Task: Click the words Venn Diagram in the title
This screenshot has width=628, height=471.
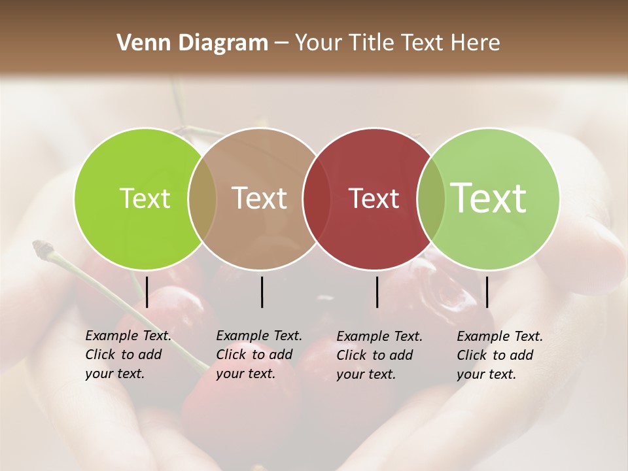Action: pyautogui.click(x=192, y=43)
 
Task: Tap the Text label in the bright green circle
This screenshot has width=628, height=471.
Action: pyautogui.click(x=145, y=198)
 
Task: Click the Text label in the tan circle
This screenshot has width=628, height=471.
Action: pyautogui.click(x=260, y=198)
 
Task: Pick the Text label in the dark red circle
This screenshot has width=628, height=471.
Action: pyautogui.click(x=374, y=198)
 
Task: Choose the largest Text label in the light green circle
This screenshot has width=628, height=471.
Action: pyautogui.click(x=489, y=198)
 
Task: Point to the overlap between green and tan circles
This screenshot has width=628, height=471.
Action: pyautogui.click(x=202, y=198)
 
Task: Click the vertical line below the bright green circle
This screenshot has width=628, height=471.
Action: pyautogui.click(x=147, y=292)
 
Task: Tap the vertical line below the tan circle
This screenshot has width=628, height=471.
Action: pyautogui.click(x=262, y=292)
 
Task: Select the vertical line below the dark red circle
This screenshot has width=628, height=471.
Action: pyautogui.click(x=377, y=292)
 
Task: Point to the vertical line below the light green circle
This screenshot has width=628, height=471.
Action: pyautogui.click(x=487, y=292)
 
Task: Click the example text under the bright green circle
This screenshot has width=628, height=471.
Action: pyautogui.click(x=128, y=355)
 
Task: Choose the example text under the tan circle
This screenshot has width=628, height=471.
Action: pyautogui.click(x=258, y=355)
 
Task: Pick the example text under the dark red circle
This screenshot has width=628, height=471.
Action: pyautogui.click(x=379, y=355)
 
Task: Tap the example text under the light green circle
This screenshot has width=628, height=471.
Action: pyautogui.click(x=499, y=355)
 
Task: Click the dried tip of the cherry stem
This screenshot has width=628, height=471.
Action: pyautogui.click(x=43, y=247)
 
